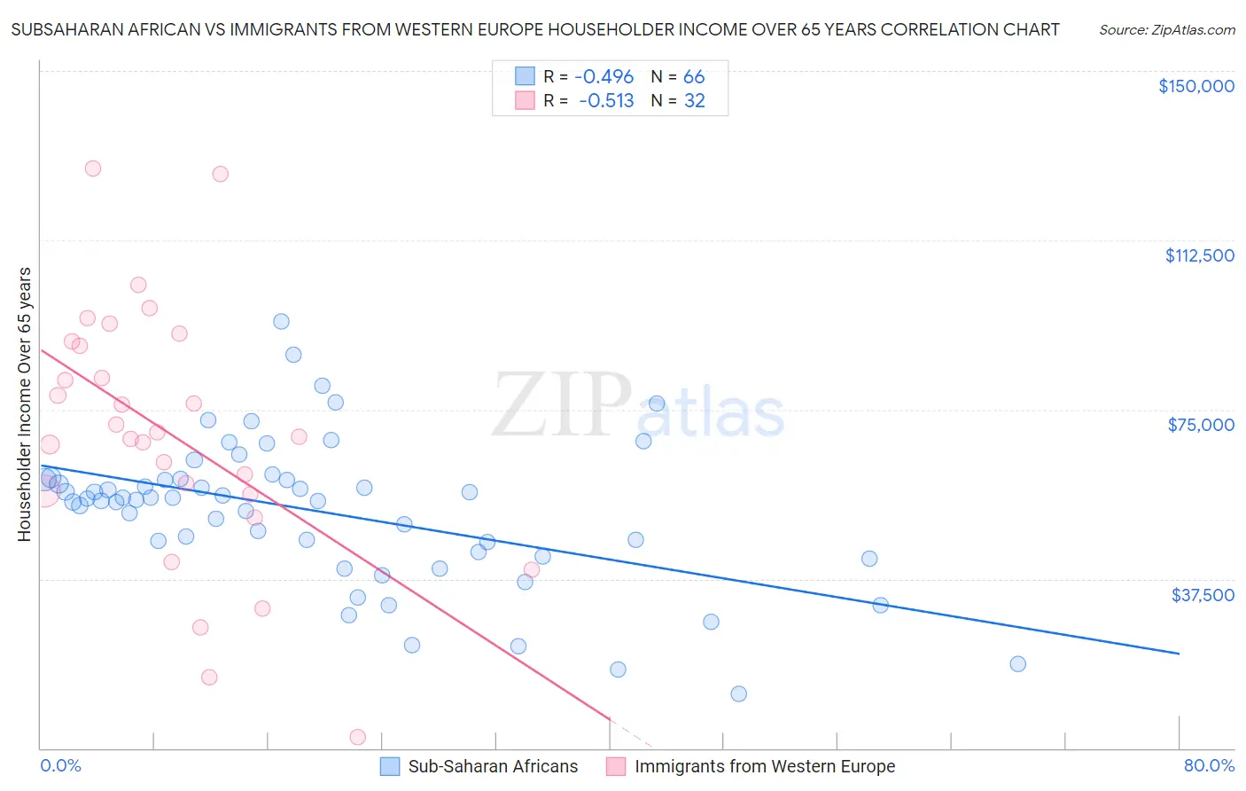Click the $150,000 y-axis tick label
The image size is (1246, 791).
1195,86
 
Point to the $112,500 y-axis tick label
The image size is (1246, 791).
1199,255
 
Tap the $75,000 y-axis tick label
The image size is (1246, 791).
1201,425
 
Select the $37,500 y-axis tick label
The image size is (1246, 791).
1203,595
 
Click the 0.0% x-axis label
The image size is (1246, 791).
60,765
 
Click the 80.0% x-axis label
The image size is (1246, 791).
1209,765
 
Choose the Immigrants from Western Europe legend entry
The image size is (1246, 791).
751,766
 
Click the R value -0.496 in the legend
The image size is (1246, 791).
604,77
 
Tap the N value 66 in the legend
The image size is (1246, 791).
694,77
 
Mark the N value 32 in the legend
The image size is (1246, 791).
694,101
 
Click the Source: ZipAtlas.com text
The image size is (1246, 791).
1166,30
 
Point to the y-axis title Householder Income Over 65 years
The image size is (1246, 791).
25,404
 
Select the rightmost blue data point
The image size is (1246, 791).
1017,664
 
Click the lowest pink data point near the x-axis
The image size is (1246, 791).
358,737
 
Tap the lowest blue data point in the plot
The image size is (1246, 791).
738,693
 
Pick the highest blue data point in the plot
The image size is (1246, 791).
281,322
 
